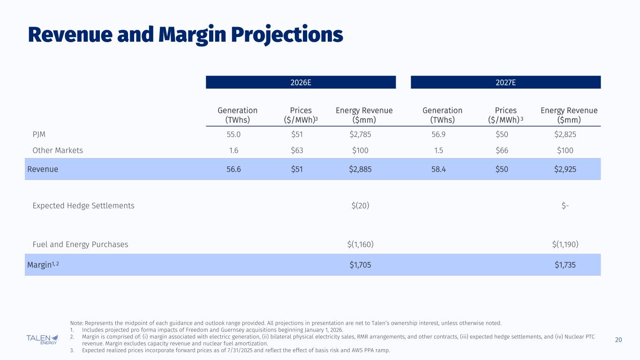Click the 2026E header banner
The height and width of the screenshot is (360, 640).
pyautogui.click(x=301, y=82)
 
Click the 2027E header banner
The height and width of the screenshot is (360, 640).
pyautogui.click(x=505, y=82)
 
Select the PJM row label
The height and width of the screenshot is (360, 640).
pyautogui.click(x=39, y=135)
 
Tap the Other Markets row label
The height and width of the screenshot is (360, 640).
pyautogui.click(x=57, y=150)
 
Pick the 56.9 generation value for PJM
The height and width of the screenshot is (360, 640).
pyautogui.click(x=442, y=135)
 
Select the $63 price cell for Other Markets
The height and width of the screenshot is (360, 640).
pyautogui.click(x=297, y=150)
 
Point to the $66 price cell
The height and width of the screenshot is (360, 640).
pyautogui.click(x=502, y=150)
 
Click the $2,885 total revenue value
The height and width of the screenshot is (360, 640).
pyautogui.click(x=361, y=169)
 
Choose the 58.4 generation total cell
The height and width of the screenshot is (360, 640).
pyautogui.click(x=442, y=169)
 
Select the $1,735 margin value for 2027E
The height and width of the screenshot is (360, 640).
pyautogui.click(x=565, y=265)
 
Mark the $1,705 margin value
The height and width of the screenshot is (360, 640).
pyautogui.click(x=361, y=265)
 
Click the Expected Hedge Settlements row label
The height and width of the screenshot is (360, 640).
pyautogui.click(x=83, y=206)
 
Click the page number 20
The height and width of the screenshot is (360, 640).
pyautogui.click(x=618, y=340)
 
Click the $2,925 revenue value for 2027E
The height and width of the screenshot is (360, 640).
pyautogui.click(x=565, y=169)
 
